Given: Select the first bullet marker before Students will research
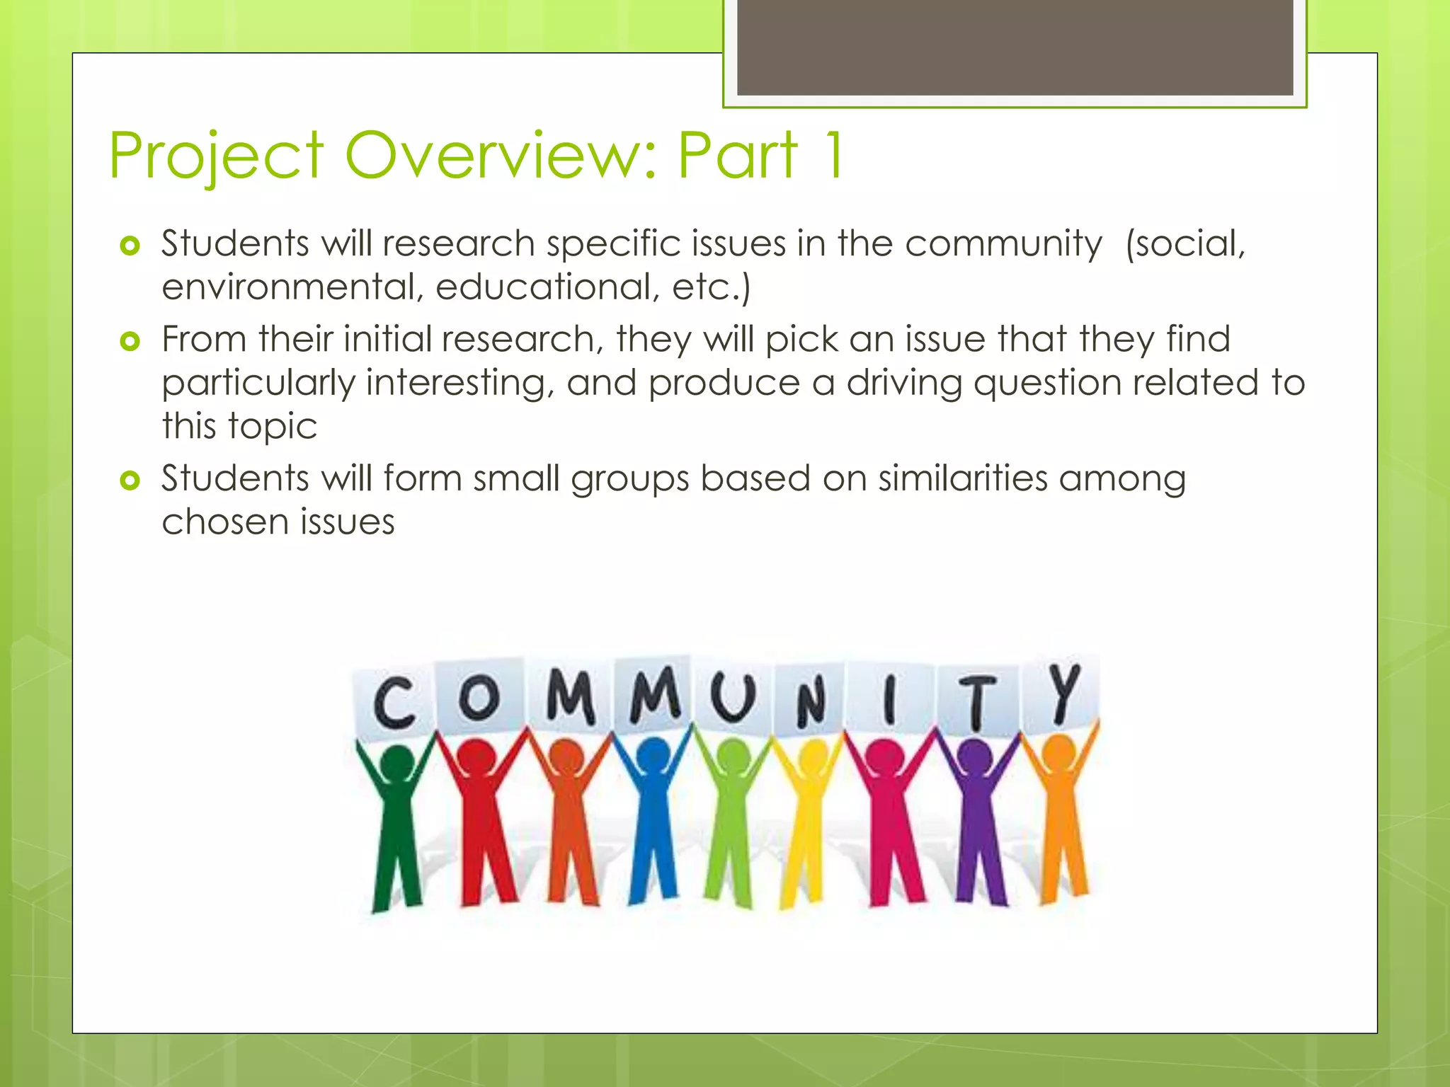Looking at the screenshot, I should click(130, 246).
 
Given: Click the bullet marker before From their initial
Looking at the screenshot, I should click(130, 342).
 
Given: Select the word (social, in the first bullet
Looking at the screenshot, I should click(1185, 243).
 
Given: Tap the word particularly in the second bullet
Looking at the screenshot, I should click(258, 383).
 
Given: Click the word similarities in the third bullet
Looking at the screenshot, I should click(963, 478).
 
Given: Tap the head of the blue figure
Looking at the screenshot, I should click(653, 755).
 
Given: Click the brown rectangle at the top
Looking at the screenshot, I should click(1015, 47).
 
